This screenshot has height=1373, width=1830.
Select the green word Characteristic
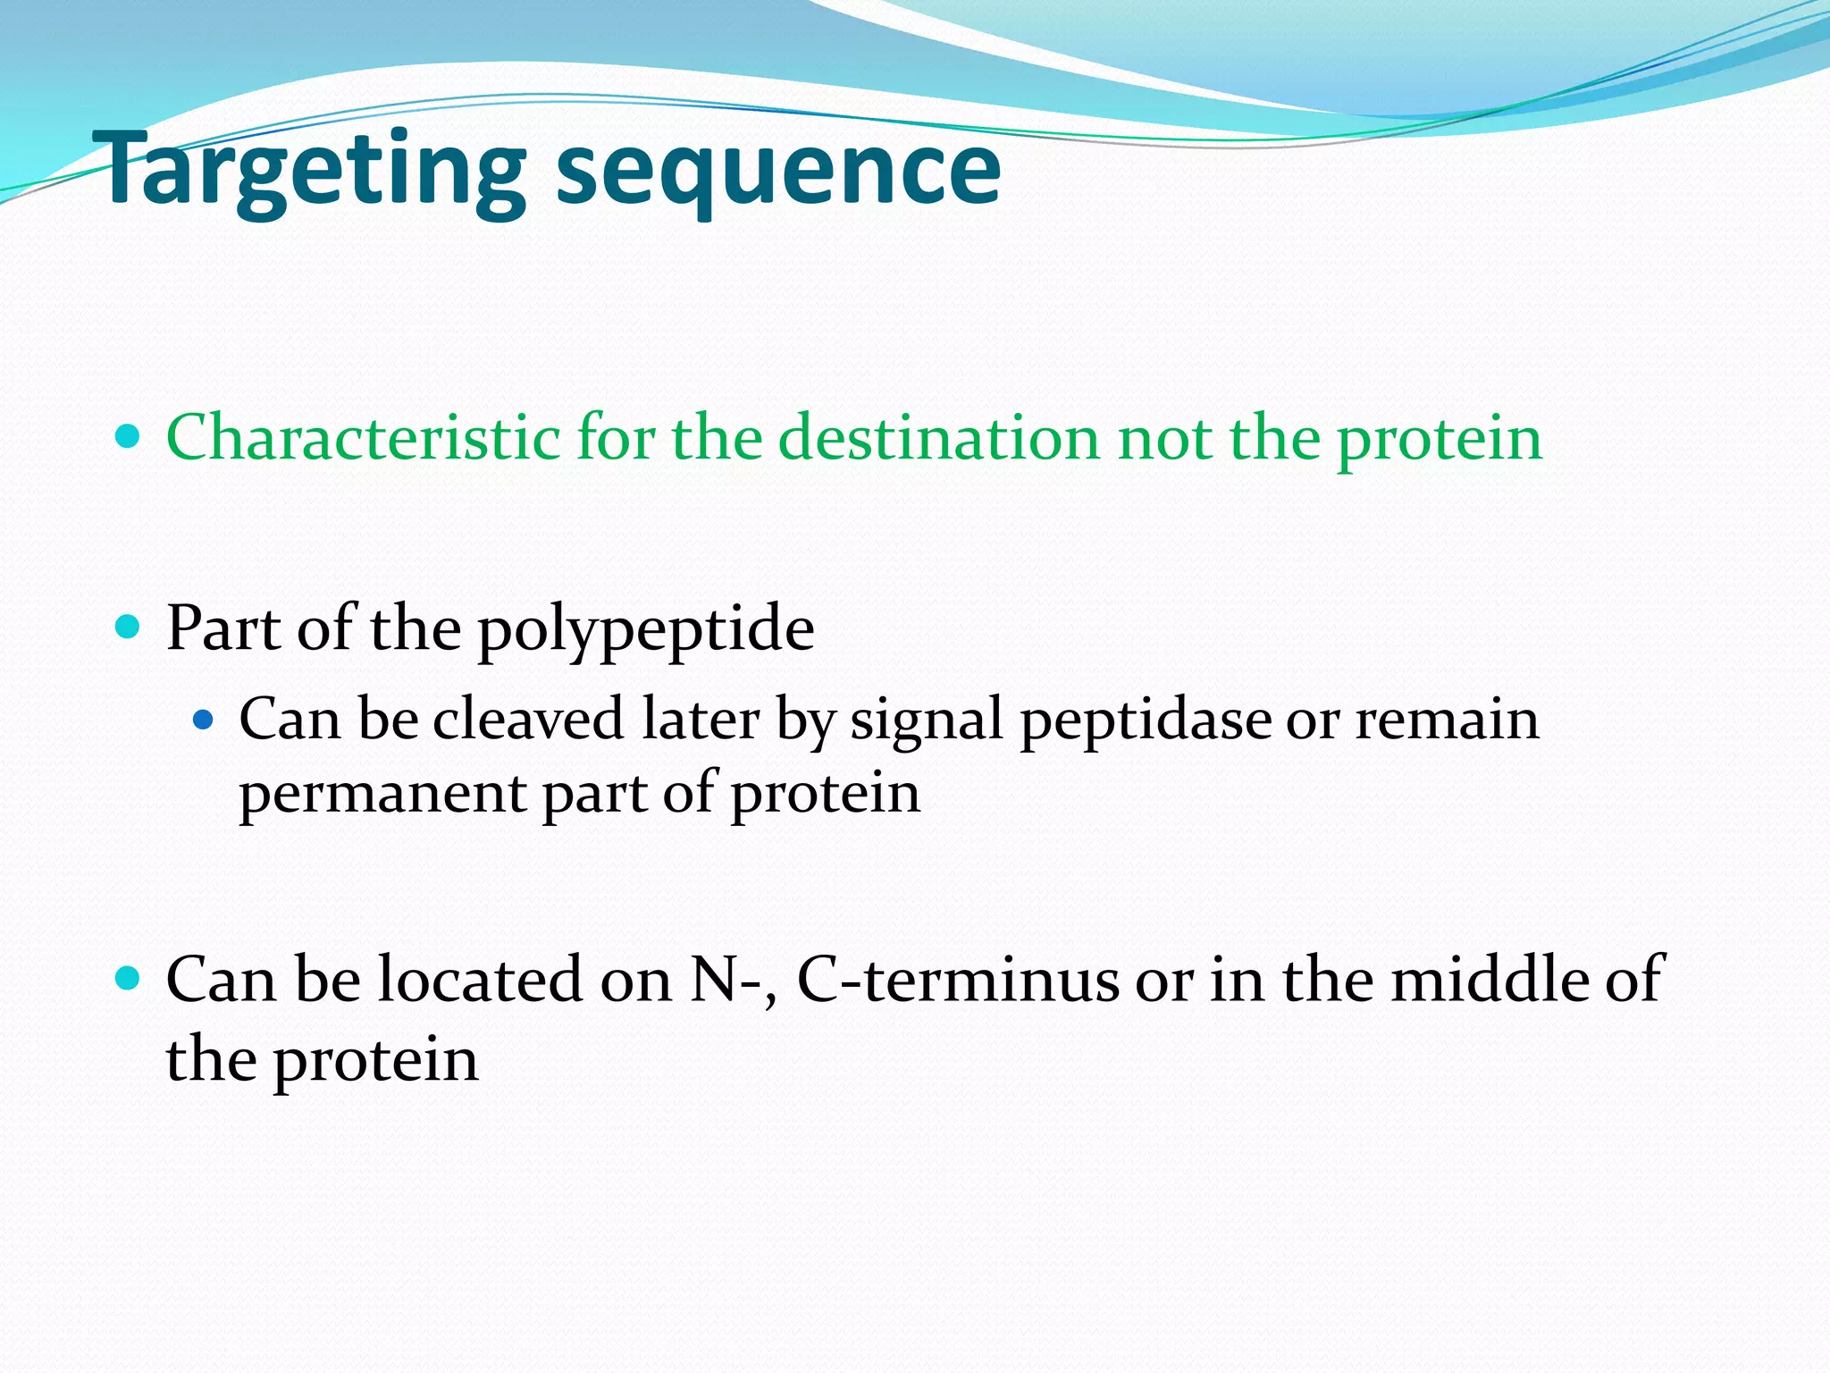pos(364,438)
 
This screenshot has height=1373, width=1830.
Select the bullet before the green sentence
pos(129,437)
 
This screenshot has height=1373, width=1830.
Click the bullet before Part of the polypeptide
pos(129,628)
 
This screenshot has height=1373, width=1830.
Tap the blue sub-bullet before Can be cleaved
pos(205,718)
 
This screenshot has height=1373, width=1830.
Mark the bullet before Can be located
pos(129,979)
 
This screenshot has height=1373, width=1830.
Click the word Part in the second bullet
pos(223,628)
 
